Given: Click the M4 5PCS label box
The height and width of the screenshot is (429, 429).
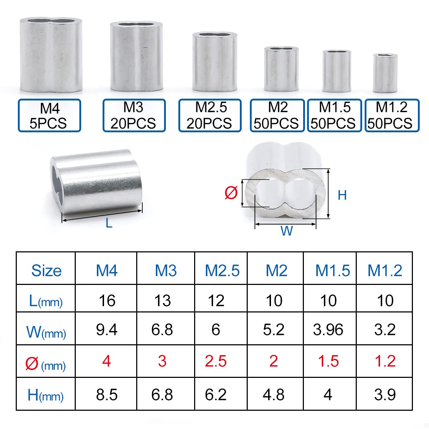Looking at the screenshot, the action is pyautogui.click(x=49, y=115).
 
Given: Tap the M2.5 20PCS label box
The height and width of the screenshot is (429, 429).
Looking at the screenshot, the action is pyautogui.click(x=210, y=115).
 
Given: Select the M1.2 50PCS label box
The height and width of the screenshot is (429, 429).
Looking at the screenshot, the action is pyautogui.click(x=392, y=115).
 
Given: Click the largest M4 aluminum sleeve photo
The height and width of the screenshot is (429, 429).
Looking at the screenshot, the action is pyautogui.click(x=51, y=55).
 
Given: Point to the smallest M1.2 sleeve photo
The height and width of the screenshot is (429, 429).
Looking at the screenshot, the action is pyautogui.click(x=385, y=73).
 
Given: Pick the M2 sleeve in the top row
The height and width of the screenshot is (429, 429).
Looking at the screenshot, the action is pyautogui.click(x=281, y=69).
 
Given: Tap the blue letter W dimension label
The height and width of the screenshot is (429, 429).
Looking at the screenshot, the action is pyautogui.click(x=286, y=231).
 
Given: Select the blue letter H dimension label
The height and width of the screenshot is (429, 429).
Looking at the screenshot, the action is pyautogui.click(x=342, y=195).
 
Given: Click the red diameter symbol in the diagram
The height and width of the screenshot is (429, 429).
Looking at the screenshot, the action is pyautogui.click(x=231, y=193).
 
